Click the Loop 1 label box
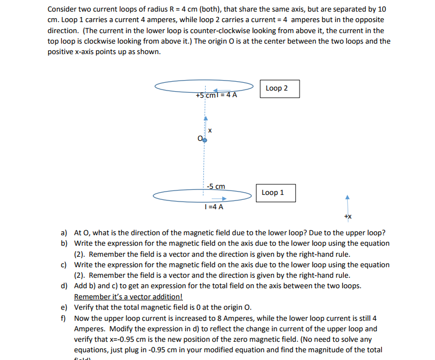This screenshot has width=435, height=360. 275,193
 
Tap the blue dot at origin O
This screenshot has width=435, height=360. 205,140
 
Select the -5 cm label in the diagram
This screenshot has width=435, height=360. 215,186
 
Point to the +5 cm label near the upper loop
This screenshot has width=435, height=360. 205,94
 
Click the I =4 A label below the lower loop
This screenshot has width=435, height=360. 213,207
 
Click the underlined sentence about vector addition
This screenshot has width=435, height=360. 128,297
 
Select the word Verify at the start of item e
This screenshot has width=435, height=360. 84,308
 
